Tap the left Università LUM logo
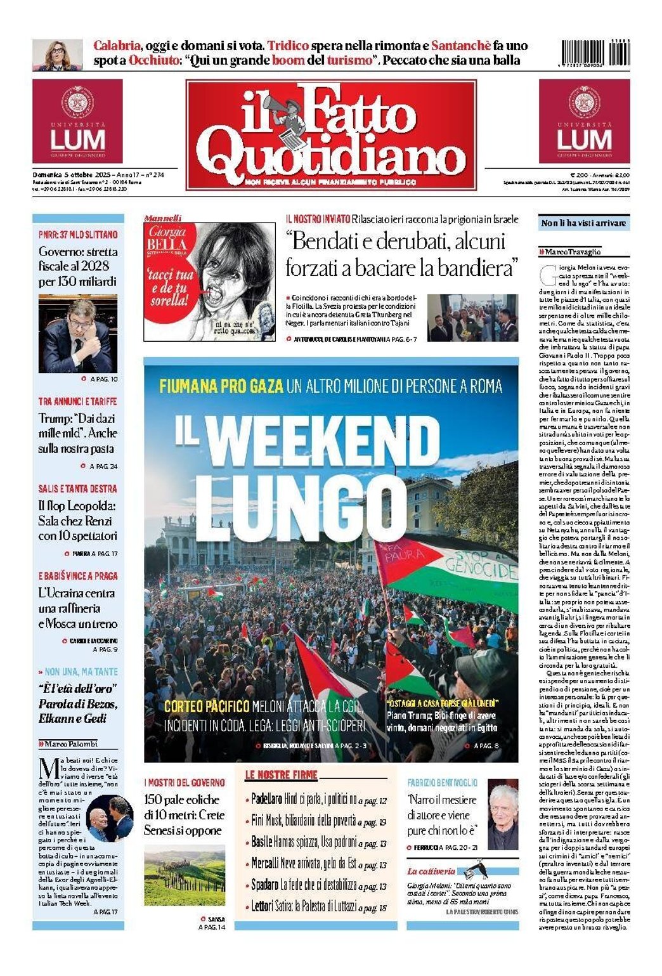(x=77, y=121)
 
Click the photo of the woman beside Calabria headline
(x=57, y=55)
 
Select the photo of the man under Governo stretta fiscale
(x=77, y=334)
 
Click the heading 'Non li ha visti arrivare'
(x=583, y=223)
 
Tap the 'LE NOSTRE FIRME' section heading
(x=281, y=774)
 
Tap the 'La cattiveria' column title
(x=431, y=871)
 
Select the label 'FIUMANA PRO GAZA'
(x=212, y=386)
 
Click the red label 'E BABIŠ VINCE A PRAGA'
(x=78, y=576)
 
